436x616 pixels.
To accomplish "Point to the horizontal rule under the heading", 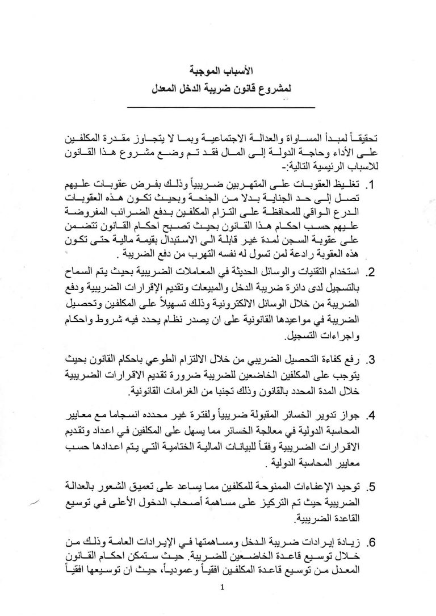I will [x=219, y=107].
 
